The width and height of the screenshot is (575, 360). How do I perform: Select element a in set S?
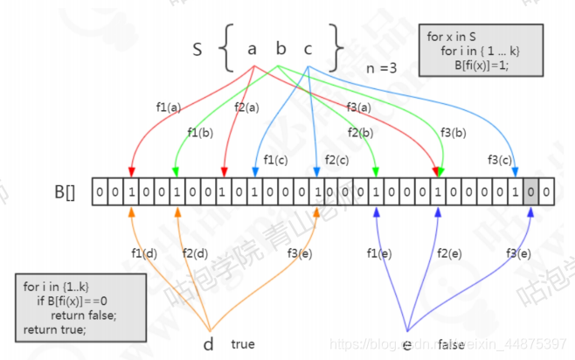(252, 49)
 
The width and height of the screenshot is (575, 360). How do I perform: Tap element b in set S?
(280, 49)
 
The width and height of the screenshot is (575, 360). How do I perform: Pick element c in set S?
(308, 49)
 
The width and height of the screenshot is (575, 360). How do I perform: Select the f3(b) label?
(454, 133)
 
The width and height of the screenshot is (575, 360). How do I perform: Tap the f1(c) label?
(277, 160)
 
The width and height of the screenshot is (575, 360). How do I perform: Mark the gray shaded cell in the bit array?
(530, 190)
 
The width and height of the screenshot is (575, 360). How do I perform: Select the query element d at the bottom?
(208, 343)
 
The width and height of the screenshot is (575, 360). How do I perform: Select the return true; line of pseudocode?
(56, 329)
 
